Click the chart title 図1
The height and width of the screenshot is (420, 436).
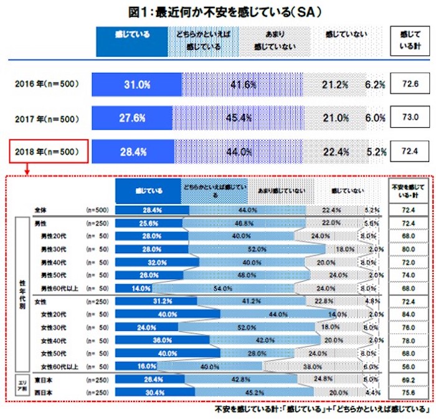click(x=219, y=11)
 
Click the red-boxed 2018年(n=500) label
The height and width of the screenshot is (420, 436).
click(x=48, y=151)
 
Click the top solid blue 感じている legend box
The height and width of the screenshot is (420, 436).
click(x=131, y=40)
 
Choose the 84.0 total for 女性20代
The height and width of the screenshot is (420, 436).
click(x=409, y=314)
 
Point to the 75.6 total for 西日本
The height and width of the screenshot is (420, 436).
click(x=409, y=393)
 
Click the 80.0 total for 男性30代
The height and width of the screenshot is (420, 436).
click(x=409, y=249)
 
